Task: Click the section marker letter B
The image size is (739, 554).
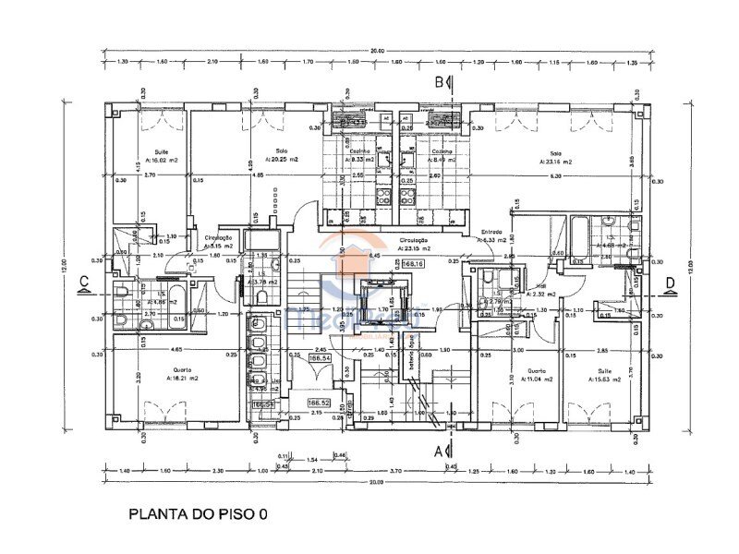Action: (x=440, y=82)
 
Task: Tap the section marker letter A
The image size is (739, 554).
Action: (x=439, y=451)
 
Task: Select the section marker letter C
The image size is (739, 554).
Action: (x=83, y=282)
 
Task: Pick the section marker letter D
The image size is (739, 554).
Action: (x=670, y=282)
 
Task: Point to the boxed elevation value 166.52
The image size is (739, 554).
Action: (x=320, y=403)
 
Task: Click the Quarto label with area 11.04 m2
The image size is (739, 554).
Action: (x=534, y=374)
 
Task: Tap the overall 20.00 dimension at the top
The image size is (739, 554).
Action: (x=377, y=51)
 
